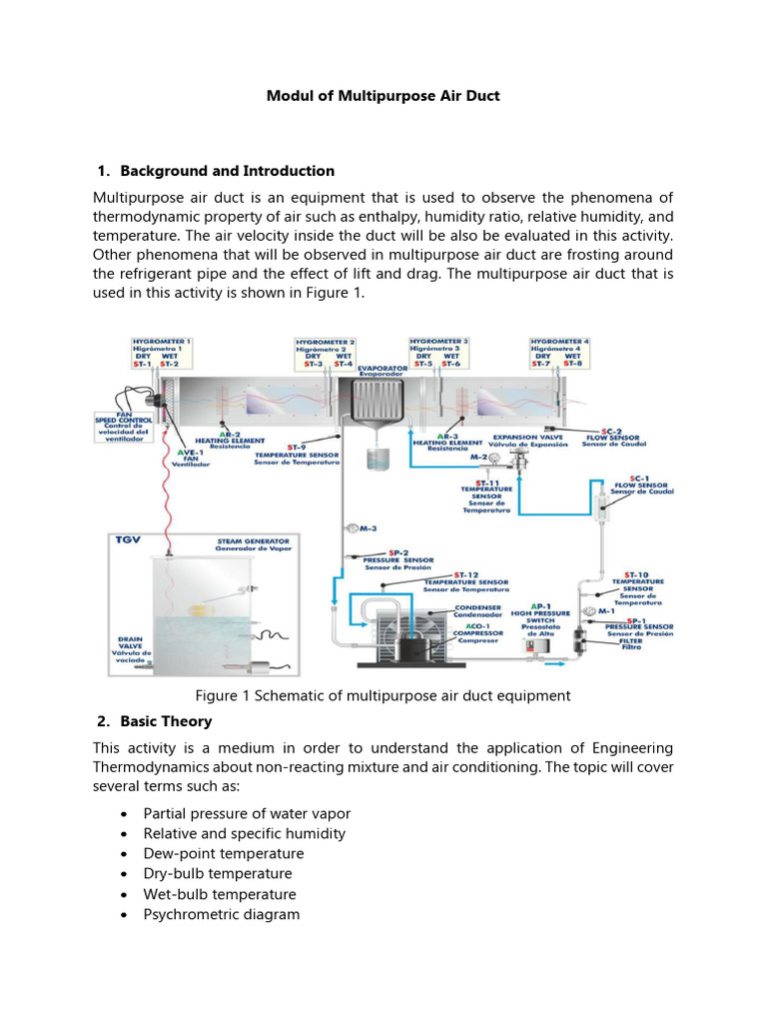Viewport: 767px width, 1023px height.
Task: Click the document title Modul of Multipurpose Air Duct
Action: pyautogui.click(x=383, y=96)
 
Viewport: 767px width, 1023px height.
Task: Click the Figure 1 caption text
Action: pyautogui.click(x=383, y=695)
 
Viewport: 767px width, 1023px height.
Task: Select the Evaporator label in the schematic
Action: pyautogui.click(x=384, y=371)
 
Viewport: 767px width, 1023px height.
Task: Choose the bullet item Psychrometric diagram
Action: pyautogui.click(x=221, y=914)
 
